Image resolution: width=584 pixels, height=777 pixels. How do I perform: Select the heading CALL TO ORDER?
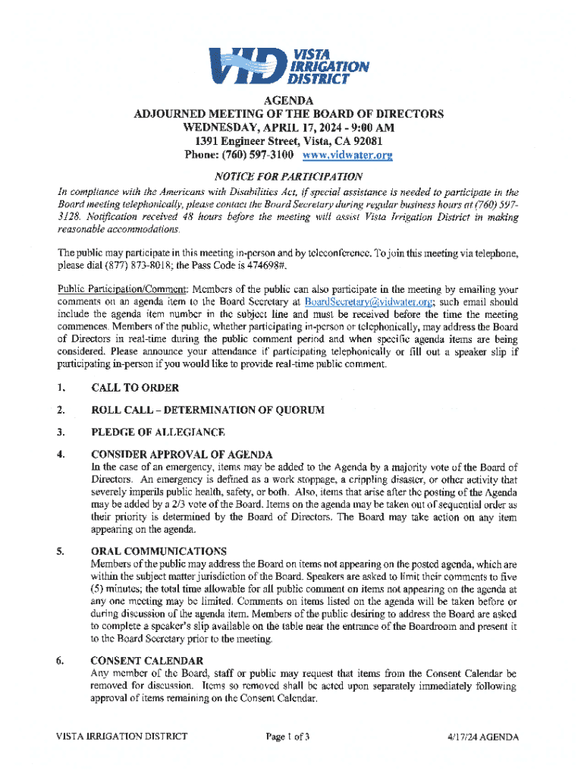coord(135,388)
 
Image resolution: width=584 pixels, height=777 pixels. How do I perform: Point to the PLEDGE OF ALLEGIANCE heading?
coord(158,433)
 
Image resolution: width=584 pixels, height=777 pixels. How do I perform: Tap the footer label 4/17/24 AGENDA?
coord(483,737)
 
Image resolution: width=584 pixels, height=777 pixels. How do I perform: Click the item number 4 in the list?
coord(59,455)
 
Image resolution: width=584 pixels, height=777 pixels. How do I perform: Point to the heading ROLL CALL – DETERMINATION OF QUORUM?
coord(207,411)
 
